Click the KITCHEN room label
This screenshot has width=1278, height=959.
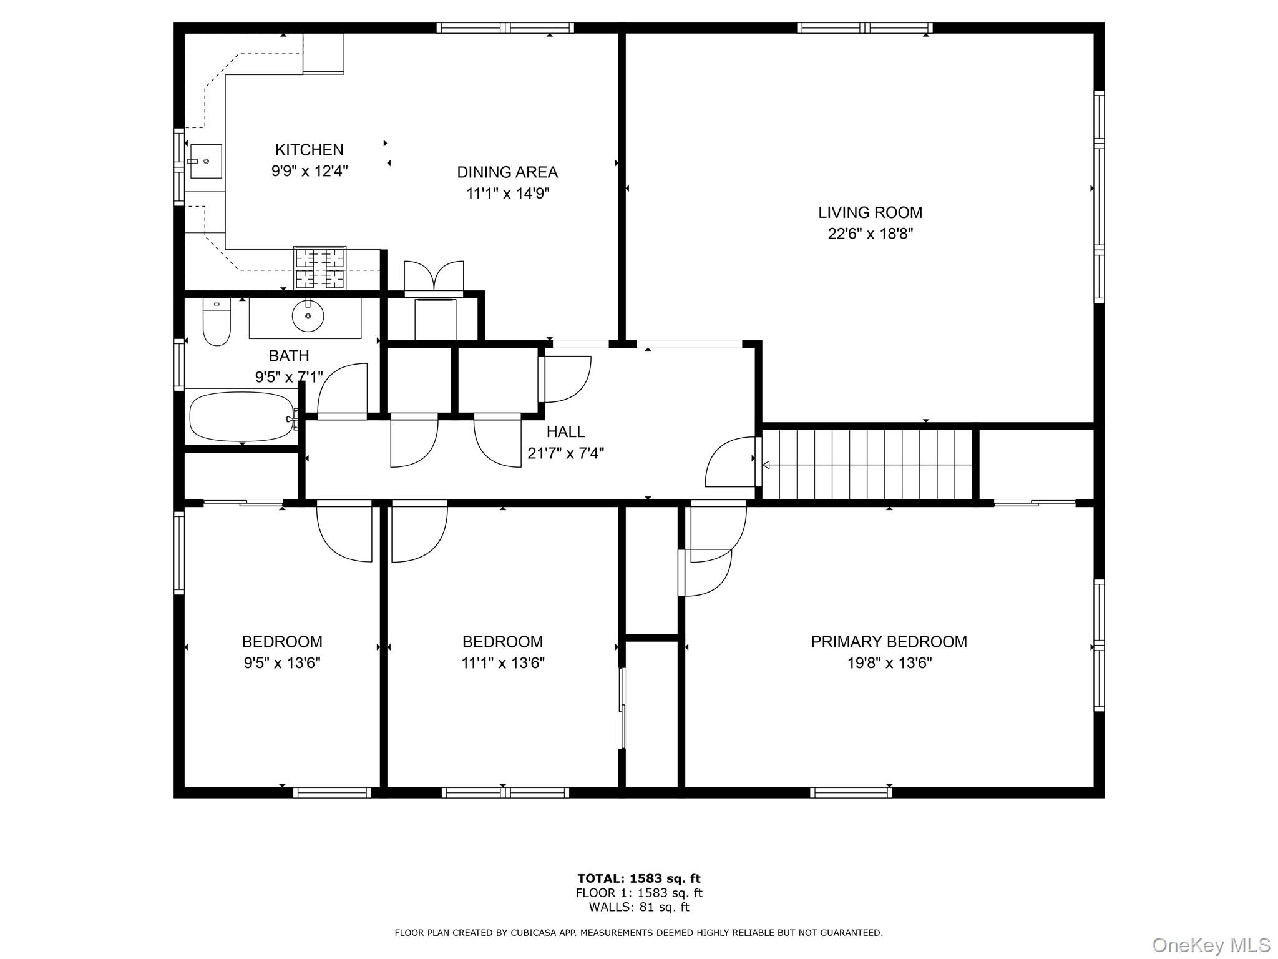coord(309,150)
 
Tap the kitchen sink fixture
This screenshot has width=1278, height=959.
coord(205,161)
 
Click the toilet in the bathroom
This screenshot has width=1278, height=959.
coord(217,323)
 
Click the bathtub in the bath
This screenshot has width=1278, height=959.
coord(241,416)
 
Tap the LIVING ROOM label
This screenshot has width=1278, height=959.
coord(870,212)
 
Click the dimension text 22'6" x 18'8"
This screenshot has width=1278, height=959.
coord(870,234)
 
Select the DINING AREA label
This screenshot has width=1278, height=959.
coord(507,172)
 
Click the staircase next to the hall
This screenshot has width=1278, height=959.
coord(867,465)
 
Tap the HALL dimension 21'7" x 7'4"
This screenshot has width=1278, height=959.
coord(565,453)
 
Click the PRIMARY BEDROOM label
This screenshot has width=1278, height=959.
coord(889,642)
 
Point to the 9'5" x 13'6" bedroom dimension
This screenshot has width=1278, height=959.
coord(282,663)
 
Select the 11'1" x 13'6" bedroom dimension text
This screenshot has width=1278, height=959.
coord(502,663)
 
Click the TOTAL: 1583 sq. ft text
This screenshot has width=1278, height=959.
coord(638,879)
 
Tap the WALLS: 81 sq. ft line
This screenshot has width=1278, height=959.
coord(638,907)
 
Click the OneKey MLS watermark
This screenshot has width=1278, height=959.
coord(1211,945)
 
